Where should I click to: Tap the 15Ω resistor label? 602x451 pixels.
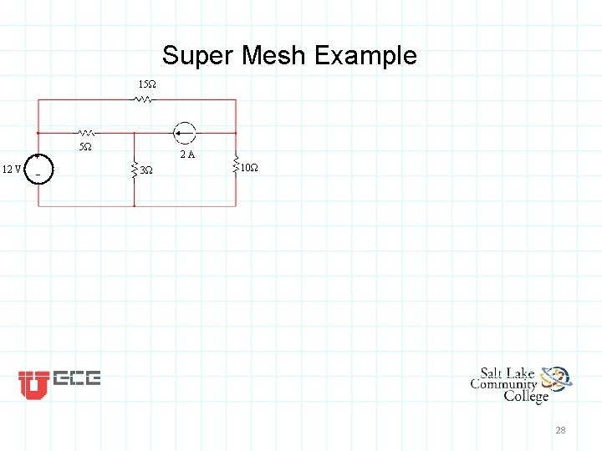click(x=146, y=85)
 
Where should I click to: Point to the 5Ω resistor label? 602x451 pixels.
click(x=85, y=147)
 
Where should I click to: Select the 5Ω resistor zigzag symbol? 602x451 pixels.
click(x=87, y=132)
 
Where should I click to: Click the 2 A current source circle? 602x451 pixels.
click(x=184, y=132)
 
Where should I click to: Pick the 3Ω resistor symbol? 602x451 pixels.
click(x=134, y=170)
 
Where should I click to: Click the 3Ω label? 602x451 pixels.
click(x=146, y=170)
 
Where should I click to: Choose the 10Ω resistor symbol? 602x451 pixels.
click(x=236, y=167)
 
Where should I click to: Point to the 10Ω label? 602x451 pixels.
click(x=249, y=169)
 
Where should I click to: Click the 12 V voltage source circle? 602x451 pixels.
click(x=38, y=169)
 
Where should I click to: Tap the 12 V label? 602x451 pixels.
click(x=12, y=170)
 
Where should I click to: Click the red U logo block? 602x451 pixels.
click(x=33, y=383)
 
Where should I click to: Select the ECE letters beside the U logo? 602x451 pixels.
click(x=77, y=378)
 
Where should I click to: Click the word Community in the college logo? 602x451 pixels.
click(x=503, y=384)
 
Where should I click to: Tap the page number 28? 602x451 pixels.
click(x=560, y=430)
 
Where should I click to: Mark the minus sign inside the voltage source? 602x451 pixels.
click(x=38, y=175)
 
